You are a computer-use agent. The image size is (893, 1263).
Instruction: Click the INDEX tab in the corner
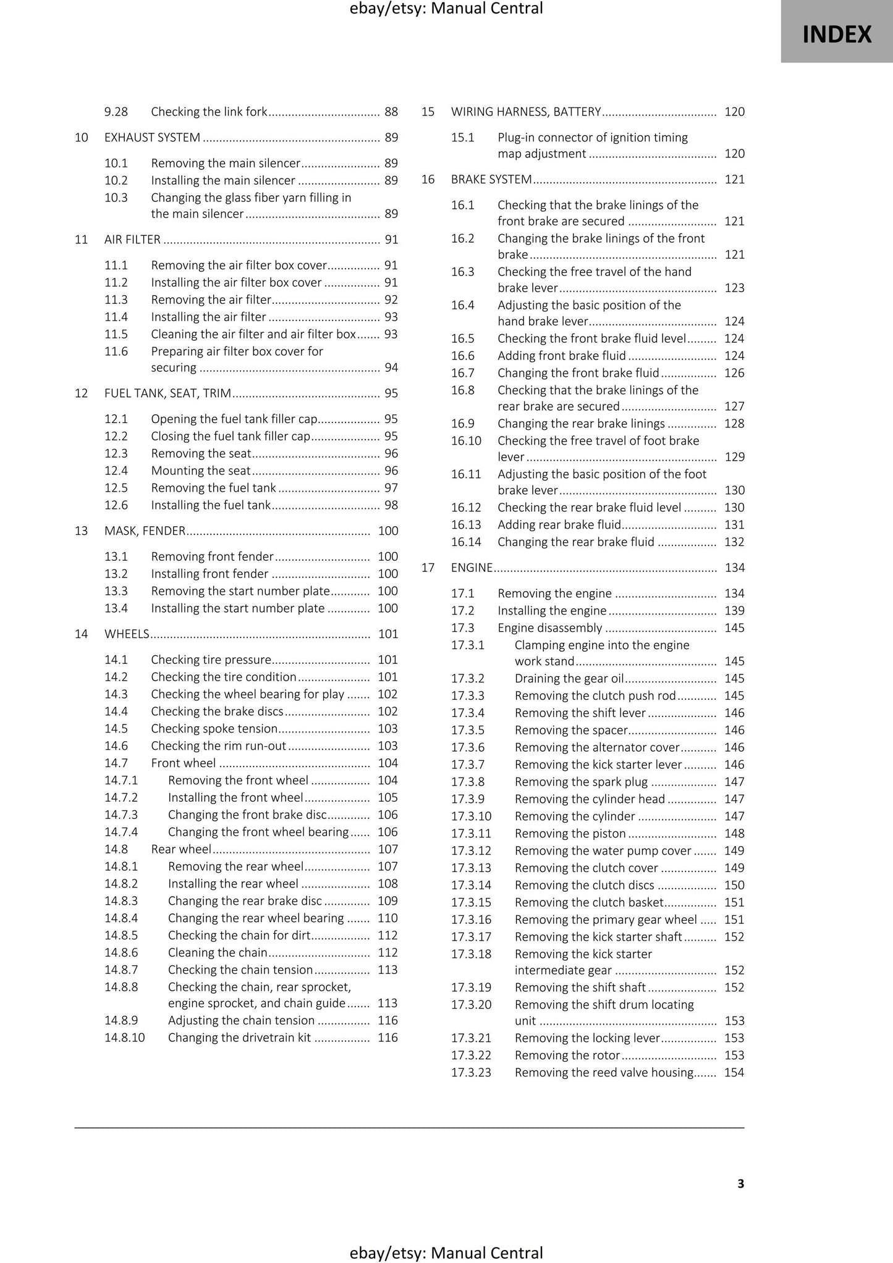836,34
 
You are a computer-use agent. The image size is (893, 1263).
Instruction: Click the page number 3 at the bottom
740,1183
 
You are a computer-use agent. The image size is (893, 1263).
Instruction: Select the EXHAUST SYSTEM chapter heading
152,137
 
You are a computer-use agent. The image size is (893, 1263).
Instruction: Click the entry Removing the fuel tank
213,488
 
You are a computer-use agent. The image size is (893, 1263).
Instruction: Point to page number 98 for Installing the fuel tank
391,505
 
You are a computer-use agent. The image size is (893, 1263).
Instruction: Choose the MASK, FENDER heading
145,531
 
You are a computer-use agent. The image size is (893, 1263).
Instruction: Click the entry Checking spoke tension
214,729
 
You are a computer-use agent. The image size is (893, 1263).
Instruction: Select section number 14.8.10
124,1038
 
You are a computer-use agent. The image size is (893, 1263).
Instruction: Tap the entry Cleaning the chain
218,952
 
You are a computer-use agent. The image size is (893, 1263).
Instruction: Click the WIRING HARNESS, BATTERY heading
525,112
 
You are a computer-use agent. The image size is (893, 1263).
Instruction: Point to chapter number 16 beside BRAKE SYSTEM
428,179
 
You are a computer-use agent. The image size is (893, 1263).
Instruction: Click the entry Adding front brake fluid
561,356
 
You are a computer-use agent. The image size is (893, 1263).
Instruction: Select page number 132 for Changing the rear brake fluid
734,542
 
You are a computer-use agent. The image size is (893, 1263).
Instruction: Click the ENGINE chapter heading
472,568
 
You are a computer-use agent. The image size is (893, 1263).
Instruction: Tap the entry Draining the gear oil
569,678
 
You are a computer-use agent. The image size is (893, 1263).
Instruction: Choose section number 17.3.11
471,834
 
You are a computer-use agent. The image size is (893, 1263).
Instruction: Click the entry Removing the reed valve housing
604,1072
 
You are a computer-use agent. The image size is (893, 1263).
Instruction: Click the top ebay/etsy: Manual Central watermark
446,9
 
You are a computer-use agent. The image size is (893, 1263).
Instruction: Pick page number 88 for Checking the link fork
391,112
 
